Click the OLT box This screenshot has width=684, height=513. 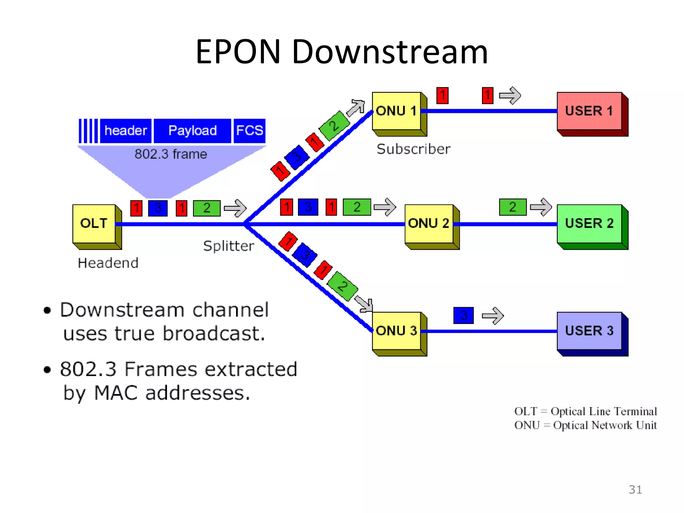(x=94, y=223)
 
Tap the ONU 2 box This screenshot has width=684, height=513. (x=429, y=223)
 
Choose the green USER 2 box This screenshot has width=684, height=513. (x=589, y=223)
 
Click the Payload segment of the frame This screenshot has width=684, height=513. (x=192, y=131)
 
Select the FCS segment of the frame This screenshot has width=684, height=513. (x=249, y=131)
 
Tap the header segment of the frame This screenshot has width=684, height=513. (x=126, y=131)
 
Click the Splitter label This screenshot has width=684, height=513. (x=228, y=246)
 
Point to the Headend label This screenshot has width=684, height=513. (x=108, y=263)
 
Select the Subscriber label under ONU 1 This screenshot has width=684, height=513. (x=413, y=149)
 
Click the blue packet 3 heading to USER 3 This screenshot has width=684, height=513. (x=464, y=315)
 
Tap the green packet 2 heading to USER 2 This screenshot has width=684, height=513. (x=513, y=207)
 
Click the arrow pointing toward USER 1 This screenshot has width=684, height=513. (x=510, y=96)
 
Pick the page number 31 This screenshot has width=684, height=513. (x=635, y=490)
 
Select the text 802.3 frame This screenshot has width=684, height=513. (x=171, y=154)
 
